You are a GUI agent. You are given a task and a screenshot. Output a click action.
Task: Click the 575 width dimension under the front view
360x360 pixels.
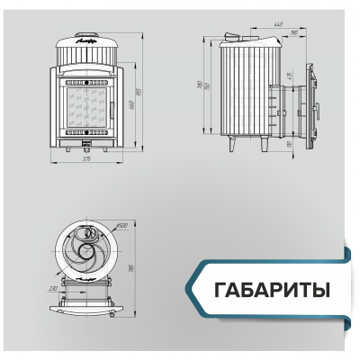pos(87,158)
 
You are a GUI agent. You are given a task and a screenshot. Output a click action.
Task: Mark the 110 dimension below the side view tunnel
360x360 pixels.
pos(289,142)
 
